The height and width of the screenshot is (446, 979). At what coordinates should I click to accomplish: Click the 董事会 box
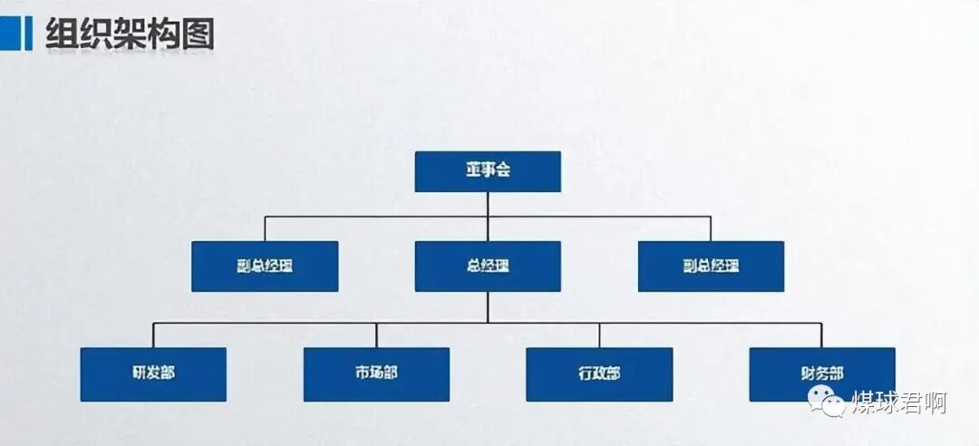point(488,171)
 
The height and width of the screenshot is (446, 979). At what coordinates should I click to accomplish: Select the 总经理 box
point(488,266)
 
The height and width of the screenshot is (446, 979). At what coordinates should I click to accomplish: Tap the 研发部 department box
point(152,373)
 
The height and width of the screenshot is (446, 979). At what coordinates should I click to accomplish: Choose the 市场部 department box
point(376,373)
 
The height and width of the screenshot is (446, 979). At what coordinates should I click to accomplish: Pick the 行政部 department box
point(599,373)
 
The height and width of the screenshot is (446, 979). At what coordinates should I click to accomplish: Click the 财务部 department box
point(821,373)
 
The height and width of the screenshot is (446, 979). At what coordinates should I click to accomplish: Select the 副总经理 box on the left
point(265,266)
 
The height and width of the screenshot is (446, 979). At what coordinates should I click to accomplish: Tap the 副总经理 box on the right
point(711,266)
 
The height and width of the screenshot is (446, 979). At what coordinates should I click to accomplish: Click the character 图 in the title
point(197,34)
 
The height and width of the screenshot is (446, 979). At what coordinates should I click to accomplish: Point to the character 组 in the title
point(63,34)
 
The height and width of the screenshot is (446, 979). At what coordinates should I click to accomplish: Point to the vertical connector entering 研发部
point(152,335)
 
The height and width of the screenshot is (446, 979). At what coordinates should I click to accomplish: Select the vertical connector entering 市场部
point(376,335)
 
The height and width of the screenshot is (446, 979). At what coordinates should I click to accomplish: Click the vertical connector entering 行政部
point(599,335)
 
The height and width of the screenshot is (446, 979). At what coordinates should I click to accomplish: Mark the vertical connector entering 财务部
point(821,335)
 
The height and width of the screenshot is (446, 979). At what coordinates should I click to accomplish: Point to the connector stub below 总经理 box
point(488,306)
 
